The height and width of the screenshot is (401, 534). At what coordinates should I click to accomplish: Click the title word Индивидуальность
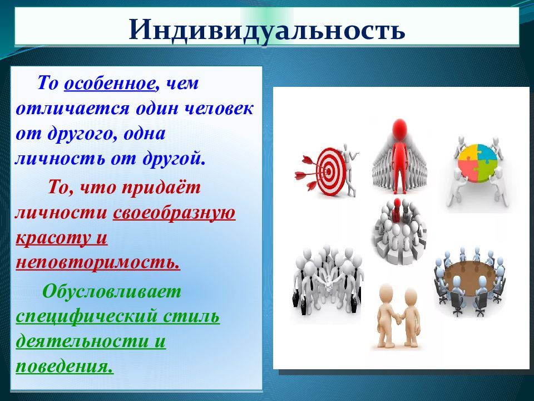point(266,30)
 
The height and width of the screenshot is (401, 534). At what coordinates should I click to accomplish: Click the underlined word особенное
point(110,83)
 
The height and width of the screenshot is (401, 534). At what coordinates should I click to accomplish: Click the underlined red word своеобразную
point(174,213)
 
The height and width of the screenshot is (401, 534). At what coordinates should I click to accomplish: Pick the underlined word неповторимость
point(98,262)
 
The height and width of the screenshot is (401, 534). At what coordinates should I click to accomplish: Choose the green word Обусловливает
point(112,291)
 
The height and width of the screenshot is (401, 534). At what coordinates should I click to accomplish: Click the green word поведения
point(65,366)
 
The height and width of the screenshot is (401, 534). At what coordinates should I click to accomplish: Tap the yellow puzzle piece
point(467,154)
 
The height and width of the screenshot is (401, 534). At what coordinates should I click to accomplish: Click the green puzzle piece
point(488,171)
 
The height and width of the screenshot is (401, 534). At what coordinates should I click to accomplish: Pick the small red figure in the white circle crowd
point(397,209)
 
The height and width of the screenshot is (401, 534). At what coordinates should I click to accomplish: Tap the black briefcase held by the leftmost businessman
point(296,300)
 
